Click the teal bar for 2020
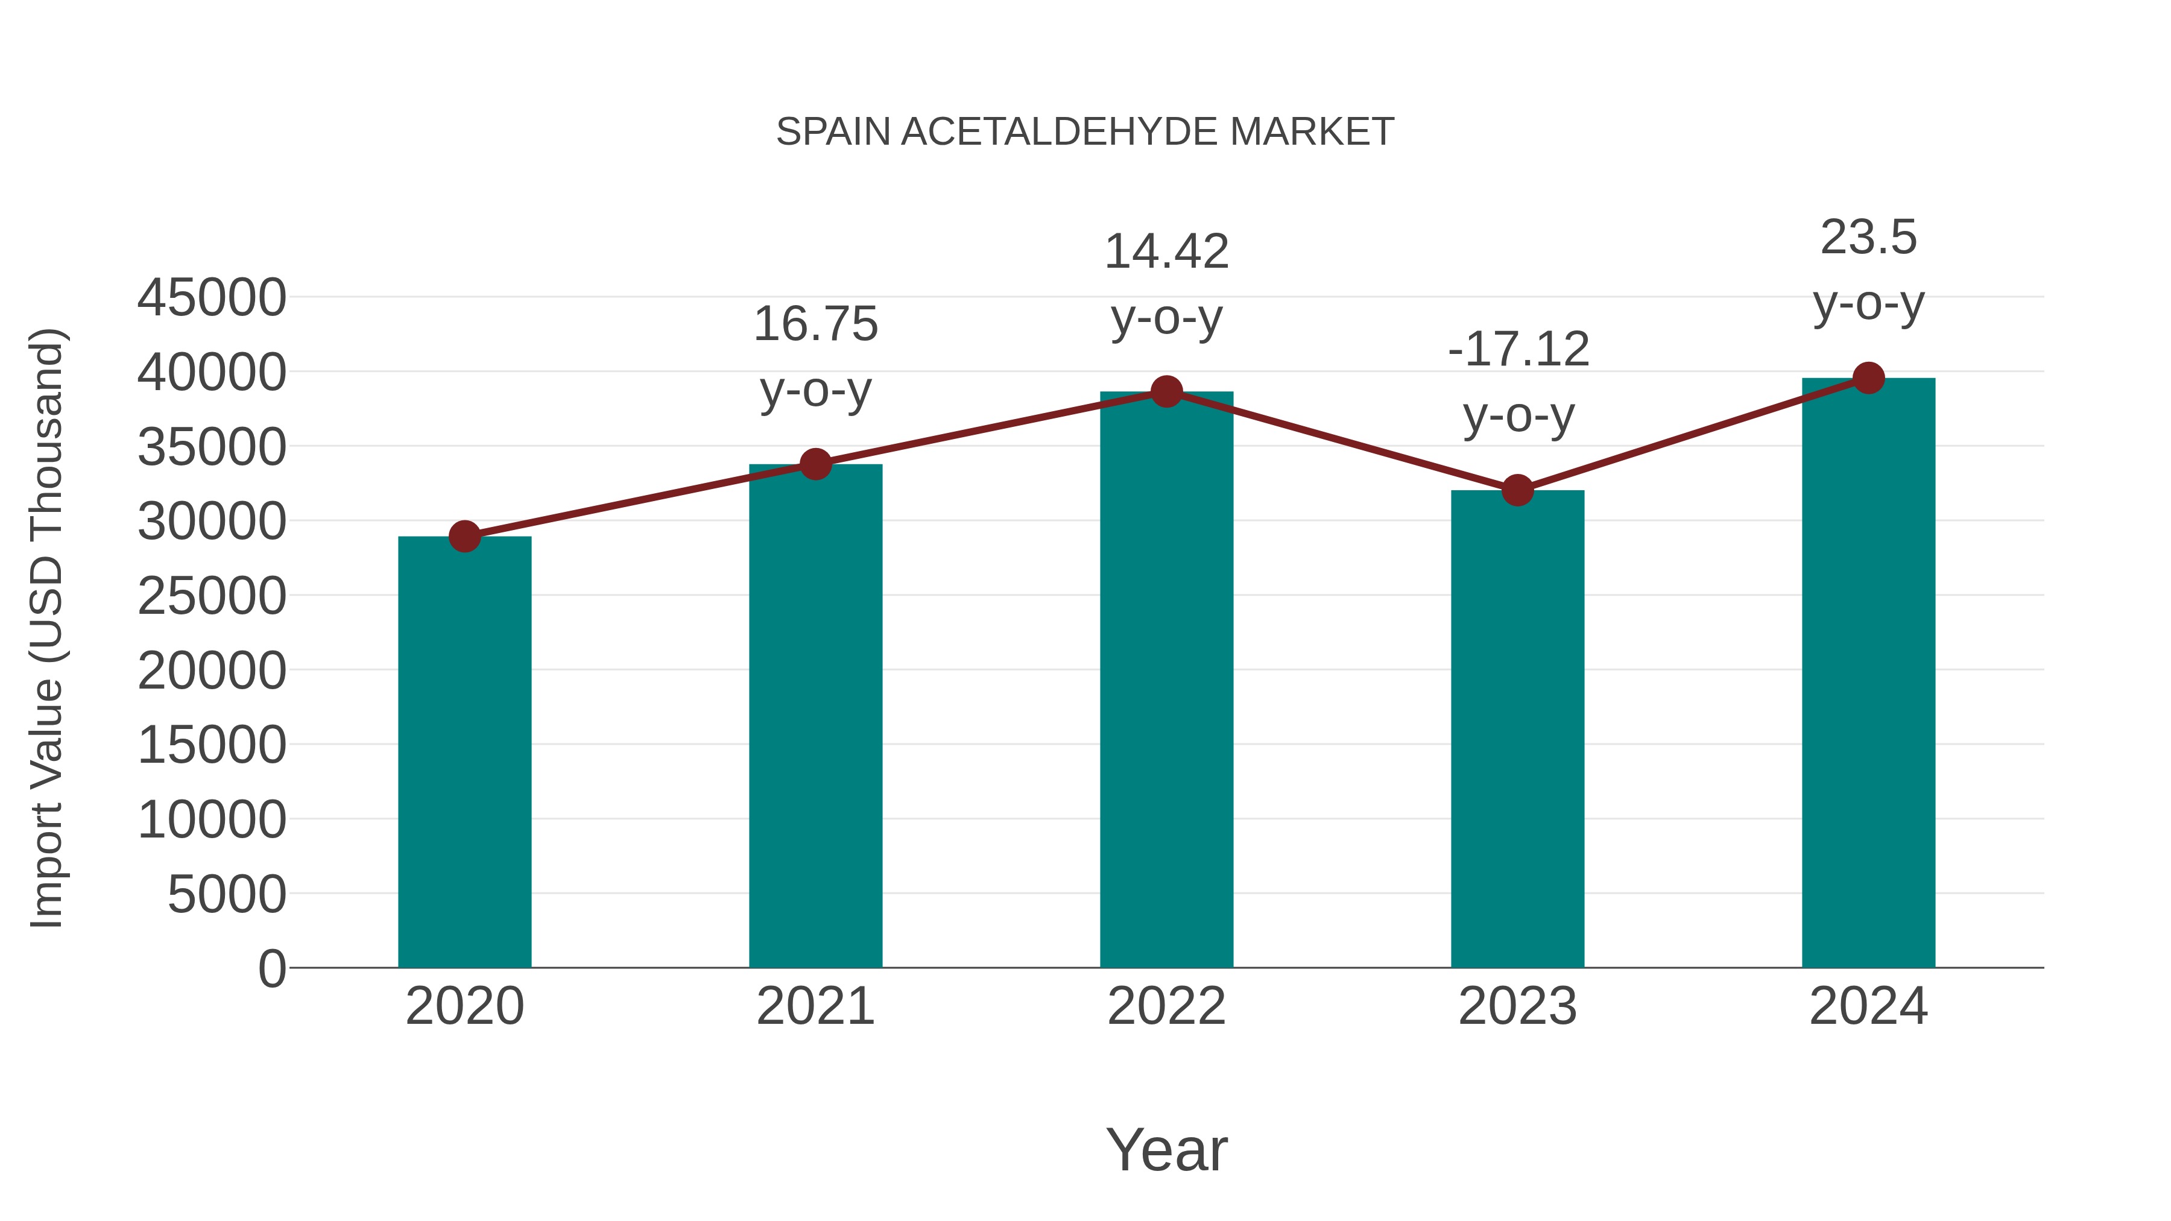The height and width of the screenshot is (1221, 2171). coord(464,752)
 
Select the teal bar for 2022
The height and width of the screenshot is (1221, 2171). coord(1166,679)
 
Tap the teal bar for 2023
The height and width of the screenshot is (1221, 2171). coord(1517,729)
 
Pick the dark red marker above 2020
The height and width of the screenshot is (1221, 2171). coord(464,536)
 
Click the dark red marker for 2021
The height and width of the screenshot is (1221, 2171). coord(815,464)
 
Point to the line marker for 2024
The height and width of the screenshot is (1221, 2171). coord(1868,378)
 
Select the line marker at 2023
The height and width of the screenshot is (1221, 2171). coord(1517,490)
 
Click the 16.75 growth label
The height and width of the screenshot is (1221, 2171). coord(815,324)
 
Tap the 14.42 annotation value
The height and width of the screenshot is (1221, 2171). coord(1166,252)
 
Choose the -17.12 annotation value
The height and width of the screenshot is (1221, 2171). coord(1518,350)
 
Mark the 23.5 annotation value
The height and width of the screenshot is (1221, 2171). coord(1868,238)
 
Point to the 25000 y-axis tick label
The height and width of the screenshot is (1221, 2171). coord(212,596)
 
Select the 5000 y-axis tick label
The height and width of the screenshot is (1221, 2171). coord(227,894)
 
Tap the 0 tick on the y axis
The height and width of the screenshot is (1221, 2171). coord(272,968)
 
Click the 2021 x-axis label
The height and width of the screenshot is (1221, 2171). coord(815,1006)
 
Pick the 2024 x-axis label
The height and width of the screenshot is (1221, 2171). coord(1868,1006)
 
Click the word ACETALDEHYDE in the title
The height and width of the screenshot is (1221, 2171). coord(1060,132)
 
